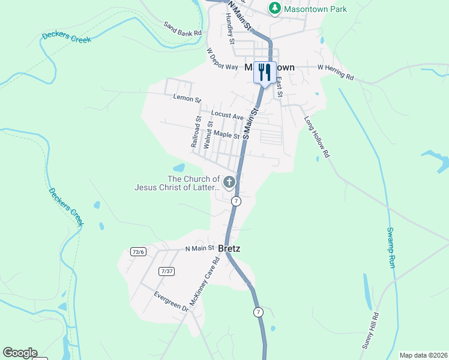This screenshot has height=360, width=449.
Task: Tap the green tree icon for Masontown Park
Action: pos(275,8)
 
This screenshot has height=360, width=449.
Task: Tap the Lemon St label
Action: pos(187,97)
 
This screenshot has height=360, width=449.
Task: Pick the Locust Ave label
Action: pos(227,114)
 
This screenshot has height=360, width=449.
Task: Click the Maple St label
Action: pos(226,135)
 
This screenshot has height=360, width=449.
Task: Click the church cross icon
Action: pos(229,182)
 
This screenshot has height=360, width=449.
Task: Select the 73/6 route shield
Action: pos(138,251)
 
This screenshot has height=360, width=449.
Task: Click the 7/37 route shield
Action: pos(167,271)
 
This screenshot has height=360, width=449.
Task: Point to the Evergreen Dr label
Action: pos(171,302)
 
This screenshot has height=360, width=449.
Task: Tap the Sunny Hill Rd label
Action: pos(370,331)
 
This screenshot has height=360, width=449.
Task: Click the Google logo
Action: pos(20,353)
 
